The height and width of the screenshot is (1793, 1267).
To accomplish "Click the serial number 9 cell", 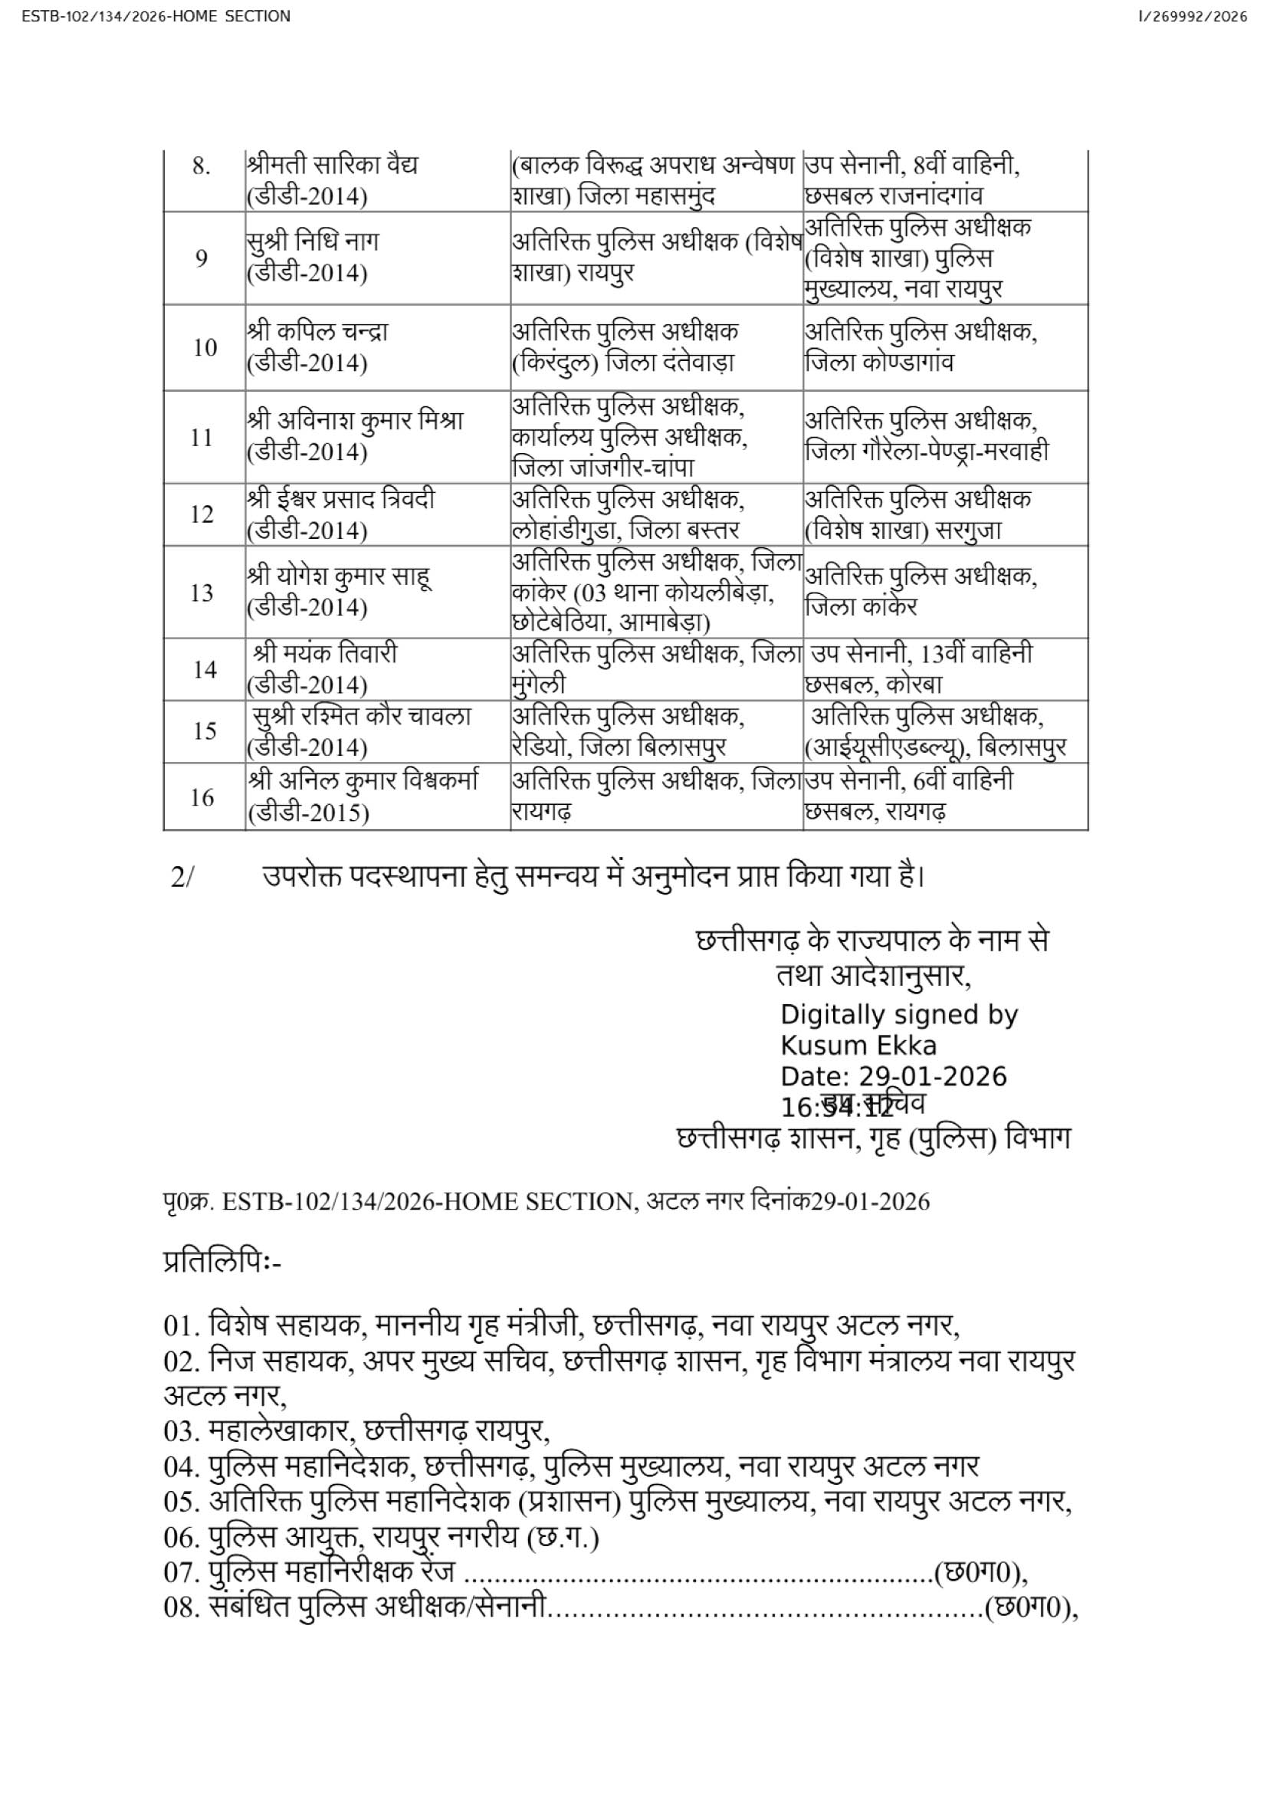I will (x=202, y=258).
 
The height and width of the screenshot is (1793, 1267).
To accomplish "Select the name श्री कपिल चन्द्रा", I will (x=318, y=332).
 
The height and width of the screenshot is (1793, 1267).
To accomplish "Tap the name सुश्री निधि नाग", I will (x=312, y=242).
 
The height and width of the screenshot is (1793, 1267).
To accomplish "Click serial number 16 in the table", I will (x=202, y=797).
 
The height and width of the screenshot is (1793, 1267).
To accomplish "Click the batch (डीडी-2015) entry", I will (x=307, y=814).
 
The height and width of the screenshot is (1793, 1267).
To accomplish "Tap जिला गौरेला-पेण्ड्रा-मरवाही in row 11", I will (x=927, y=452).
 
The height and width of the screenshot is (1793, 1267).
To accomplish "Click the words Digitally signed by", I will (x=898, y=1014).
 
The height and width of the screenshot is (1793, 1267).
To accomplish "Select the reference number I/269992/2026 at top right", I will (x=1193, y=16).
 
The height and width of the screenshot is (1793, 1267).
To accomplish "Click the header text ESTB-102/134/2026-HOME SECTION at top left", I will (x=156, y=16).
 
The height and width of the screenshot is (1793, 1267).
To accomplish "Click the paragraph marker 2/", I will (x=182, y=878).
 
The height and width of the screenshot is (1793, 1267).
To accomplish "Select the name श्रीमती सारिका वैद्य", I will (x=333, y=166).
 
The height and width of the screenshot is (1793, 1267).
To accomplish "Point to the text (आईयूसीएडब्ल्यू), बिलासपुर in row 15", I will (x=935, y=747).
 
